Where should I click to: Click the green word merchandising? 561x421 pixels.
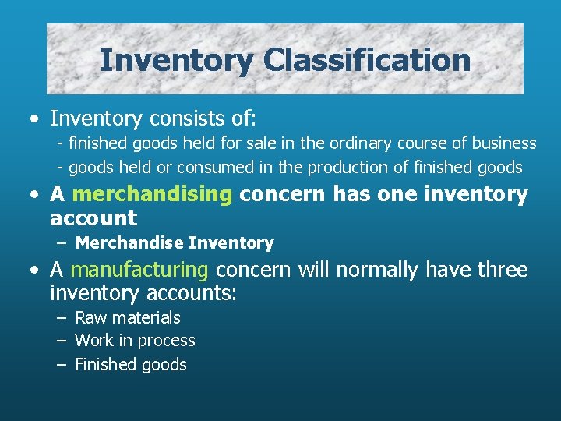[152, 195]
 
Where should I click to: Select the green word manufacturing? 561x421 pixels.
[139, 270]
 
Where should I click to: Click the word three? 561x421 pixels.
[503, 270]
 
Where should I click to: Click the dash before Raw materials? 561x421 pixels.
[62, 318]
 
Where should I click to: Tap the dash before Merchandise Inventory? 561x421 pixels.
[62, 243]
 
